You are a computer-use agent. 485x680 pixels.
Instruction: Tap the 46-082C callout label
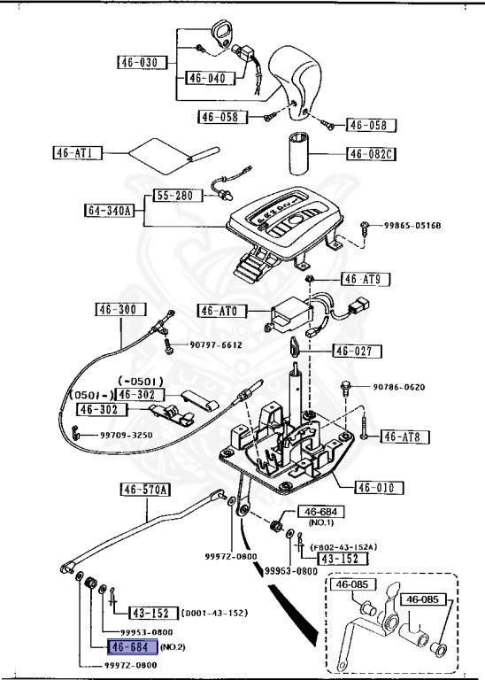[370, 154]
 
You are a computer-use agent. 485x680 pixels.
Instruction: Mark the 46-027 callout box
[358, 351]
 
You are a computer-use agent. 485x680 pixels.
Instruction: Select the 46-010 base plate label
[379, 487]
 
